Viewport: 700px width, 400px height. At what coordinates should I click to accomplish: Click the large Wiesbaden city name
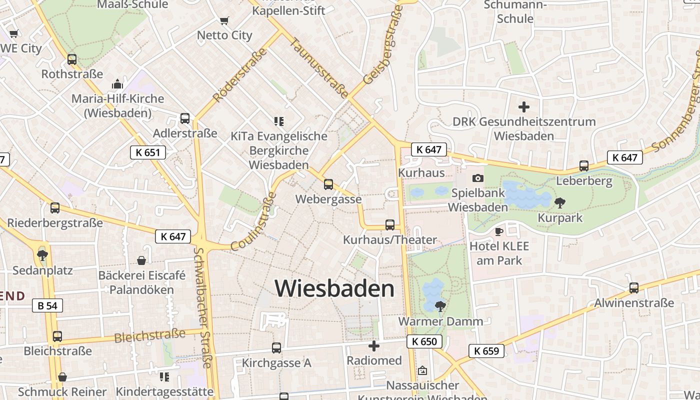[334, 288]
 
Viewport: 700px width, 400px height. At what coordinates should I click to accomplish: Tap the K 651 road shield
[148, 152]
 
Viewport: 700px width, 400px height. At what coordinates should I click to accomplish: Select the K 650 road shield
[424, 342]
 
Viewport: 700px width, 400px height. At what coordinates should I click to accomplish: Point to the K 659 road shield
[486, 351]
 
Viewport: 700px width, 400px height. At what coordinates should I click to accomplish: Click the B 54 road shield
[48, 305]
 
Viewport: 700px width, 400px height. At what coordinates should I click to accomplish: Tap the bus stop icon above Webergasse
[328, 184]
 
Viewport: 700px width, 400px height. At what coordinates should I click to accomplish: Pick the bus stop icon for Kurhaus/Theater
[390, 225]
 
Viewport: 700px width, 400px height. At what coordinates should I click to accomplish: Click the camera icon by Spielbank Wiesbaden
[478, 178]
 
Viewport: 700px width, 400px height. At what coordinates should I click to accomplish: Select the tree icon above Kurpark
[560, 203]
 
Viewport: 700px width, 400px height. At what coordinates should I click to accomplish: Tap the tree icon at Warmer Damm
[440, 306]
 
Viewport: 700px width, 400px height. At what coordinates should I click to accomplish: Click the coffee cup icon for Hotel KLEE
[498, 231]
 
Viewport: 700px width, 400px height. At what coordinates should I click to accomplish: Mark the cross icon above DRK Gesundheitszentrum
[524, 107]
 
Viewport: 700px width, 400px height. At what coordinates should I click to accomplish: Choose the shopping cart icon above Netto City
[224, 21]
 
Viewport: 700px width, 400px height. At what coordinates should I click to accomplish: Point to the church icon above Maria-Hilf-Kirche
[117, 83]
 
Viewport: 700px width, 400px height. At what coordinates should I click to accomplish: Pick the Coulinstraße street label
[254, 221]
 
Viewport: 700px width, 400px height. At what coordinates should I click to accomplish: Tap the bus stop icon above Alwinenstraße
[634, 288]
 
